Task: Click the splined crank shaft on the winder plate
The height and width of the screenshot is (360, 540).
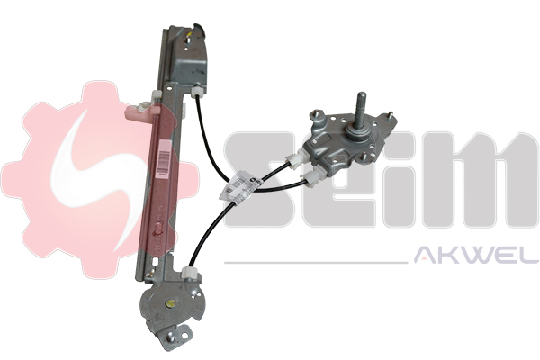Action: click(362, 113)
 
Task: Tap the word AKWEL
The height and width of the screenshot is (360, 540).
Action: click(476, 256)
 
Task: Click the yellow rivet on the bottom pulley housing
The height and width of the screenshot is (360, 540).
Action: click(170, 303)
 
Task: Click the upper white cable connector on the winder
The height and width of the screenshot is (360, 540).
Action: click(296, 158)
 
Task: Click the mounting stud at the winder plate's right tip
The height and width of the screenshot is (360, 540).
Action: click(391, 116)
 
